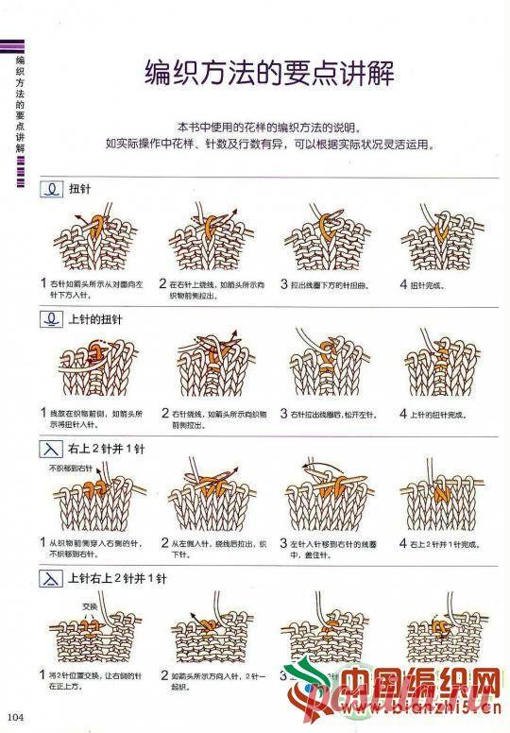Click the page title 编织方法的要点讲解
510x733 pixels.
click(x=269, y=72)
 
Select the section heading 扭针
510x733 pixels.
click(x=79, y=189)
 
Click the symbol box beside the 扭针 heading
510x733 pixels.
click(x=51, y=189)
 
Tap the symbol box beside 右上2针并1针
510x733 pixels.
click(x=51, y=449)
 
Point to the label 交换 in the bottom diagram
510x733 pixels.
click(x=90, y=605)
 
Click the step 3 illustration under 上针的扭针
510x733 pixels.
click(x=324, y=367)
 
